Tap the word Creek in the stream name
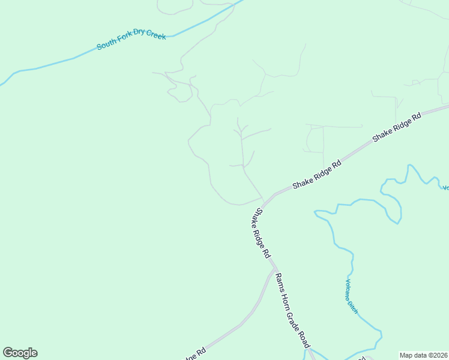(155, 36)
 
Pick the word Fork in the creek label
(124, 43)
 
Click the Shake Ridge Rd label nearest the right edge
(397, 126)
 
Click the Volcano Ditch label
(351, 296)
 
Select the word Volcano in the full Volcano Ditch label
(349, 289)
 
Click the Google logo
(20, 353)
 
